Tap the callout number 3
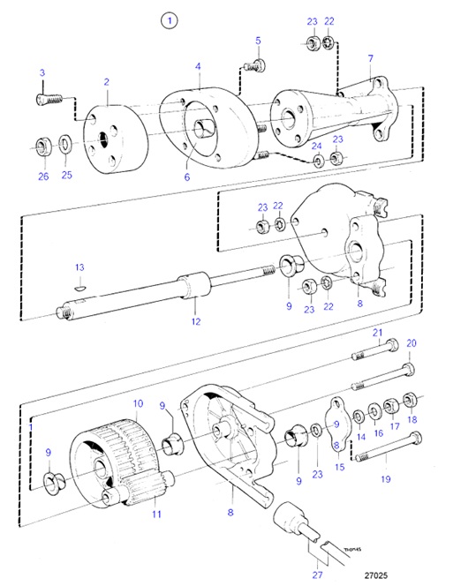coord(42,71)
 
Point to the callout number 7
coord(370,57)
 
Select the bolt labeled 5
coord(255,64)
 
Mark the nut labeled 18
coord(411,401)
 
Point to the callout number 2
coord(106,82)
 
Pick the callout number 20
coord(411,343)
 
